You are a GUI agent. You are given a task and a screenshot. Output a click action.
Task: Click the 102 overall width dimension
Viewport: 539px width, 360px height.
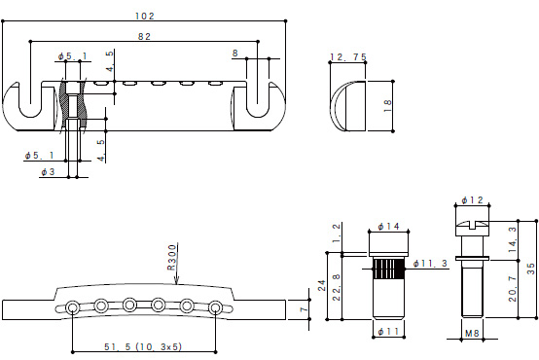point(145,16)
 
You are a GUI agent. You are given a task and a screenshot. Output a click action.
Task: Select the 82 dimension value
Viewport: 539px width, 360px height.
point(144,36)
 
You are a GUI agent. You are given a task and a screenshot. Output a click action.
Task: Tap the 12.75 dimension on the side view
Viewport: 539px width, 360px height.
point(348,56)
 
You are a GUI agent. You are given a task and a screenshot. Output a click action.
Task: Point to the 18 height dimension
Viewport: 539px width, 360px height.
point(387,106)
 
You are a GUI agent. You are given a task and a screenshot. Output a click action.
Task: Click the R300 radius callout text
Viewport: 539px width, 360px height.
point(172,257)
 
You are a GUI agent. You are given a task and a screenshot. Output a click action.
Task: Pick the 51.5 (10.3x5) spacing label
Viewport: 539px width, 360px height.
point(143,346)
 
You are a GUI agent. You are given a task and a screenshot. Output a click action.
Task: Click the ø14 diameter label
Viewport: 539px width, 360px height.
point(388,227)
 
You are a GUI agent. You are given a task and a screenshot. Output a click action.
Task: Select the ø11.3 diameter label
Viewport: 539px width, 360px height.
point(430,264)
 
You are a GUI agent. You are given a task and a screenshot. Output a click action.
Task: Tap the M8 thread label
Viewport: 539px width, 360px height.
point(472,333)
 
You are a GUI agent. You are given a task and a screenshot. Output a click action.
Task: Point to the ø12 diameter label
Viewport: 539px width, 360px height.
point(472,199)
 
